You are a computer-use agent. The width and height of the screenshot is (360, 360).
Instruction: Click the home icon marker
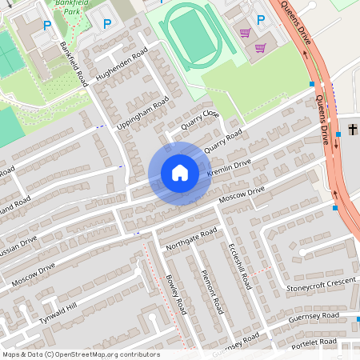click(x=180, y=173)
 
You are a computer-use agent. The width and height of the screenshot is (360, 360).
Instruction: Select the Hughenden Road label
click(x=122, y=64)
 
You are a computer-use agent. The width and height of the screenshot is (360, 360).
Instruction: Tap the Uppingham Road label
click(x=143, y=116)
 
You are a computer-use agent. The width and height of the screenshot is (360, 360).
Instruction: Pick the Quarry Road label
click(x=223, y=142)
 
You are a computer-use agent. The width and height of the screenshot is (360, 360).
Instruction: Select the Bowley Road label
click(x=175, y=294)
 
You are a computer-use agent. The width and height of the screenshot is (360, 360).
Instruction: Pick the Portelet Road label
click(x=314, y=342)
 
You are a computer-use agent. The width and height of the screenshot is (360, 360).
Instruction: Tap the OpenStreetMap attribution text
click(x=80, y=354)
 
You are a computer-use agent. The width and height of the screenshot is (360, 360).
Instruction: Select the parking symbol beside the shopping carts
click(x=259, y=19)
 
